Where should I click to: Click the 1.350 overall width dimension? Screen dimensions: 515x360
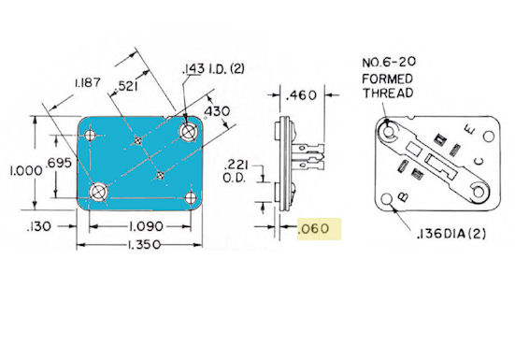144,245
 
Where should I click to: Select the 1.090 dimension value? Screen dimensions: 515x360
146,226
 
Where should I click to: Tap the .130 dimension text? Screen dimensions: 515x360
39,226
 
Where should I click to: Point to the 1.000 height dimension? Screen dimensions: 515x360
26,171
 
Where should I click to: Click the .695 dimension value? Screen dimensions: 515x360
59,163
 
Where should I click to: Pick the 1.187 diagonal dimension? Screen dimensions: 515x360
87,82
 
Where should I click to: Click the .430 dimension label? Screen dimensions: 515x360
217,111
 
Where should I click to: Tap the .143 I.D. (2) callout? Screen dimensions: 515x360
213,68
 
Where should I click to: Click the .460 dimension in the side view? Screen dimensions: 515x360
301,95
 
